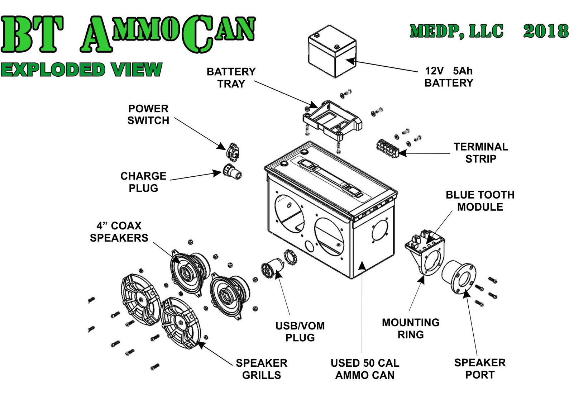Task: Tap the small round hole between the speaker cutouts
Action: pyautogui.click(x=309, y=246)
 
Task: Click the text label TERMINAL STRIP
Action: pyautogui.click(x=480, y=153)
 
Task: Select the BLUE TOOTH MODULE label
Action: pyautogui.click(x=480, y=201)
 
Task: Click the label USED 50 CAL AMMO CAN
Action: pyautogui.click(x=365, y=369)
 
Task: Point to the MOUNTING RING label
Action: pyautogui.click(x=411, y=328)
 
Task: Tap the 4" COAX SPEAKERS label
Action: pyautogui.click(x=119, y=232)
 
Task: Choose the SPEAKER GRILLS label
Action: pyautogui.click(x=261, y=369)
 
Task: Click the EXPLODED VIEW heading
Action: pyautogui.click(x=81, y=70)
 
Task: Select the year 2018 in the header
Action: pyautogui.click(x=545, y=31)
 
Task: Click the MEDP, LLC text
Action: pyautogui.click(x=456, y=31)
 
